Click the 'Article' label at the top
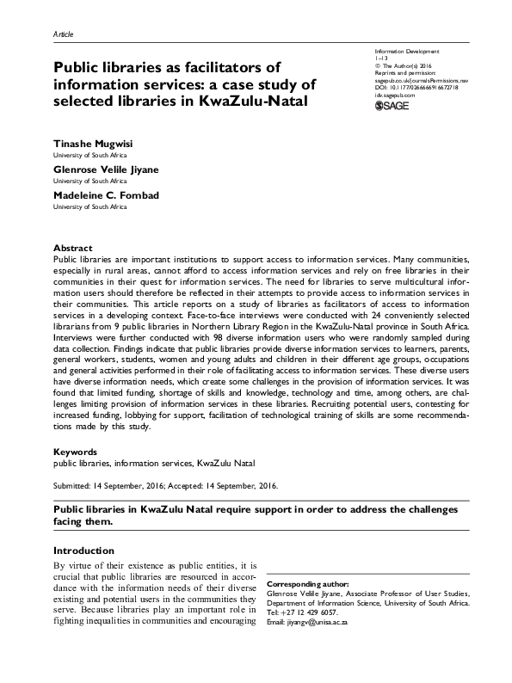coord(64,34)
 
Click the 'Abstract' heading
coord(72,248)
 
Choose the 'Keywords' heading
coord(75,452)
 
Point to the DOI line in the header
coord(410,87)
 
